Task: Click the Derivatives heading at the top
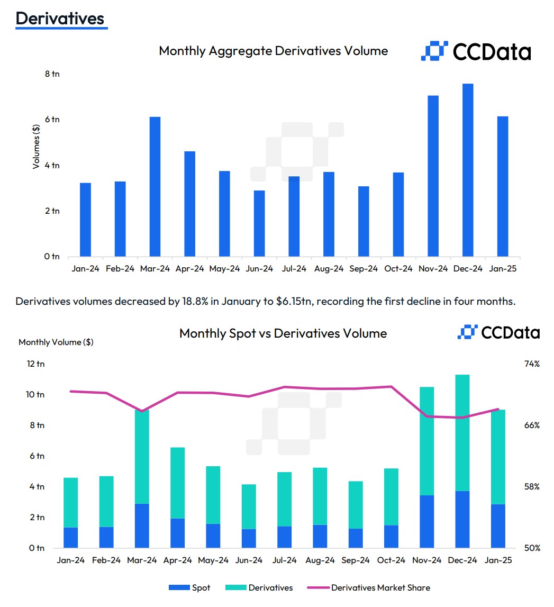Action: click(x=60, y=19)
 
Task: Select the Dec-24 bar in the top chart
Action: click(x=468, y=169)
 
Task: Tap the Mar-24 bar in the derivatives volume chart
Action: click(x=155, y=186)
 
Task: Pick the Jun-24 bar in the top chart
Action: click(x=259, y=223)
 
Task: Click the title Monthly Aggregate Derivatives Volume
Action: click(x=273, y=51)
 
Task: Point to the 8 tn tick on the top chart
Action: click(x=52, y=74)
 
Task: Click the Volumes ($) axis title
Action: click(x=36, y=147)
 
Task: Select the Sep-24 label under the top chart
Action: click(x=364, y=269)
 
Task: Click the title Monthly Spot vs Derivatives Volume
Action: click(x=283, y=333)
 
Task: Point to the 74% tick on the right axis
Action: click(x=531, y=364)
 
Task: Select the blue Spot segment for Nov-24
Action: click(x=426, y=521)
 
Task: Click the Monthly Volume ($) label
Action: click(x=56, y=342)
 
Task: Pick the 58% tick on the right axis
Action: click(x=531, y=487)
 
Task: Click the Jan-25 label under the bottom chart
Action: click(x=498, y=560)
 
